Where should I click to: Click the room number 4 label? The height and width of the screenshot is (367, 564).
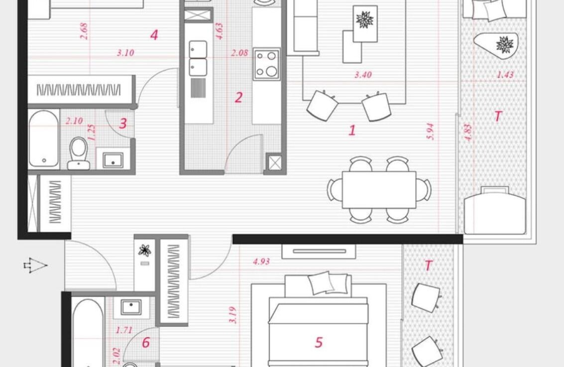pos(154,35)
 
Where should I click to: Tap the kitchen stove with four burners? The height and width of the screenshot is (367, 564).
pos(266,64)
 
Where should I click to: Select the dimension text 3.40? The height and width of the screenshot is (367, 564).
pos(363,75)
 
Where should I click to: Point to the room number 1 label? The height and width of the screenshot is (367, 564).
pos(352,130)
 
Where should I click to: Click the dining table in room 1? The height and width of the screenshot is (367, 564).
pos(379,190)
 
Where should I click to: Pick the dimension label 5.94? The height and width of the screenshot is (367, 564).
pos(431,132)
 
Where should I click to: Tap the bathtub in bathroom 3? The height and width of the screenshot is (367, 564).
pos(44,139)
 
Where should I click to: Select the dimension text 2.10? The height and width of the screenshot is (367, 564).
pos(74,121)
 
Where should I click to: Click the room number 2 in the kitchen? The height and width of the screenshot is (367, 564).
pos(238,97)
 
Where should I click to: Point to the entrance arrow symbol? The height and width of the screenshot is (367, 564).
pos(35,265)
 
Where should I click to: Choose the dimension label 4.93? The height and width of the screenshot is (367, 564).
pos(261,261)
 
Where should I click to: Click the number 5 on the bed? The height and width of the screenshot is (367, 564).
pos(319,343)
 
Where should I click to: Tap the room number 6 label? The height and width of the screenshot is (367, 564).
pos(146,343)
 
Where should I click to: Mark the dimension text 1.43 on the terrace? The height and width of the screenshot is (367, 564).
pos(505,75)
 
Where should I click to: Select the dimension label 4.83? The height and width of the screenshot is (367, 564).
pos(467,133)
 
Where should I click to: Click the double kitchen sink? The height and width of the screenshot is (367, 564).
pos(198,58)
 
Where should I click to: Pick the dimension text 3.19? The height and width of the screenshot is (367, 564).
pos(233,315)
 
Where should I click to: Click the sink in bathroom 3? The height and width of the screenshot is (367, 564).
pos(113,160)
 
